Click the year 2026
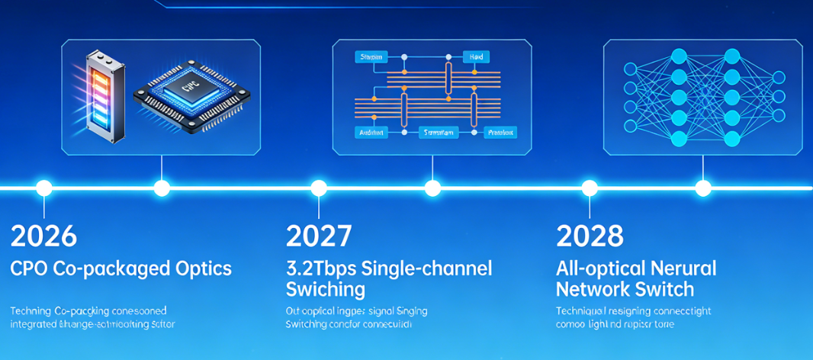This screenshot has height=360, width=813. coord(44,236)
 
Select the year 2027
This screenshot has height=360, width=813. coord(319,236)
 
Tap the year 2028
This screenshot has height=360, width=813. coord(590,236)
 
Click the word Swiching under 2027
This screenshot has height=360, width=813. coord(325,290)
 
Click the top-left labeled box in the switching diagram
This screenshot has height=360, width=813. coord(371,56)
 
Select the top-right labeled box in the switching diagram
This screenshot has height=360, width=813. coord(476,56)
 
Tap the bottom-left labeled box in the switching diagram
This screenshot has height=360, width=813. coord(371,132)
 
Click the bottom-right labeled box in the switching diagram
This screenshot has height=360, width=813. coord(500,132)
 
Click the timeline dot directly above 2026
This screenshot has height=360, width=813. coord(44,188)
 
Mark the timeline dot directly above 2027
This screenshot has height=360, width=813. coord(319,188)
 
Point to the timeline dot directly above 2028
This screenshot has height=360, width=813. coord(590,188)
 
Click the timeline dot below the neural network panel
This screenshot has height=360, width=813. coord(703,188)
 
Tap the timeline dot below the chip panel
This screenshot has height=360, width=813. coord(161,188)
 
